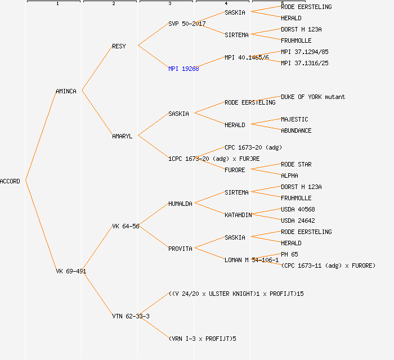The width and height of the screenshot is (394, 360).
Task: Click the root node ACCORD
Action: (10, 181)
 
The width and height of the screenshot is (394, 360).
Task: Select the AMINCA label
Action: (66, 91)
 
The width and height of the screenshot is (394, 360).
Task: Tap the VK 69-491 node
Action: (71, 271)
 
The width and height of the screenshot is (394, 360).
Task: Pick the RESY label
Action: (119, 46)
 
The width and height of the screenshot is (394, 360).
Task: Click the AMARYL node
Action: (122, 136)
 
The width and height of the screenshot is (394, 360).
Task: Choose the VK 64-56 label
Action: (126, 226)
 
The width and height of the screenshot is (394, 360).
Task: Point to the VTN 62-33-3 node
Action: (131, 316)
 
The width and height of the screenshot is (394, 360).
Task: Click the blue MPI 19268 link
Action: (183, 69)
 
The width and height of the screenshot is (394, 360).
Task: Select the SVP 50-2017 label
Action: (187, 24)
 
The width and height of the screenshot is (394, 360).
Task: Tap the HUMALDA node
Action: (180, 204)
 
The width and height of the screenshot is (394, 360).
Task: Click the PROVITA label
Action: (180, 249)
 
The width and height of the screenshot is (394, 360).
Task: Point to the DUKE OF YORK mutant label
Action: (313, 97)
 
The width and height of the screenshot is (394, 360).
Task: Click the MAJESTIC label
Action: (294, 119)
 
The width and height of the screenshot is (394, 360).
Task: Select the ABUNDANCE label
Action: (296, 130)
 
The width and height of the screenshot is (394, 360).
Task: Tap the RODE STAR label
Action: (296, 164)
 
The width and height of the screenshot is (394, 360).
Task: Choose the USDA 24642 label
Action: (298, 220)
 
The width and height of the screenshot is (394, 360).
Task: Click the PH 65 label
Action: (289, 254)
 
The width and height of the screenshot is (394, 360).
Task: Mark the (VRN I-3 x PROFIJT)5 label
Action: (202, 339)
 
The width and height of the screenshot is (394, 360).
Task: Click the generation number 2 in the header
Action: (113, 4)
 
